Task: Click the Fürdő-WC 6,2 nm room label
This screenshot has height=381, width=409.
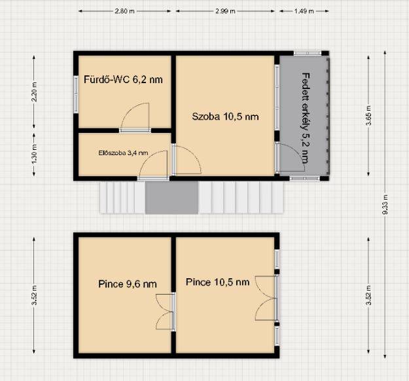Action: [123, 79]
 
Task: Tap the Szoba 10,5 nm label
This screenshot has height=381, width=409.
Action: [225, 117]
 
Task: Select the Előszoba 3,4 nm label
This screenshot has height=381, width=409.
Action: [124, 153]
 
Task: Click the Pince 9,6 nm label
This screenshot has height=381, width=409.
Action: [128, 284]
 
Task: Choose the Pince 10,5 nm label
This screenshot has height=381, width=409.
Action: [217, 282]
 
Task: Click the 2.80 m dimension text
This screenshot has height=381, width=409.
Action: [125, 11]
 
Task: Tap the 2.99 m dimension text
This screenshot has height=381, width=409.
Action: [225, 11]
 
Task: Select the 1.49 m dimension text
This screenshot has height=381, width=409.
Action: [304, 11]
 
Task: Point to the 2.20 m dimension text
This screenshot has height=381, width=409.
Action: [34, 92]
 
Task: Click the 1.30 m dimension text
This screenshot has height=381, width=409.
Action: [34, 154]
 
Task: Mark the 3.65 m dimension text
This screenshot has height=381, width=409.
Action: [368, 116]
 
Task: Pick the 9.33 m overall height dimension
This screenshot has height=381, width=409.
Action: [385, 205]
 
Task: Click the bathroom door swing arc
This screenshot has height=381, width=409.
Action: [130, 109]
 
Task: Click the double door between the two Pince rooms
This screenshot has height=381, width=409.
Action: [165, 312]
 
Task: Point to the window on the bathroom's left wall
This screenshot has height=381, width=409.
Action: [76, 94]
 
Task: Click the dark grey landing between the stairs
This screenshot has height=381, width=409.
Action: [171, 198]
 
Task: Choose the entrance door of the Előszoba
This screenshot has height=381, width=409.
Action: [154, 165]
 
